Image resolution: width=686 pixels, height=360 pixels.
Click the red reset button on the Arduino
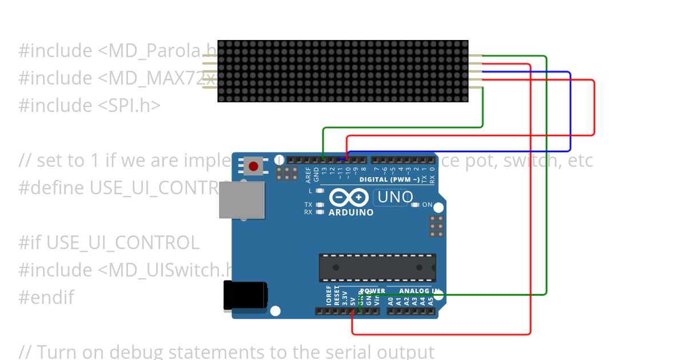coord(253,166)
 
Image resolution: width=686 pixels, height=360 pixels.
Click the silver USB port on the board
coord(242,200)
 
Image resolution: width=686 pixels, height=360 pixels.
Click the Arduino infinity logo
coord(349,198)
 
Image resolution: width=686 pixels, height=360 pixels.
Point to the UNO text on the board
coord(393,198)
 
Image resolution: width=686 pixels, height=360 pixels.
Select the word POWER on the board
coord(372,291)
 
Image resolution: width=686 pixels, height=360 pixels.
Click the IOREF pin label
coord(329,296)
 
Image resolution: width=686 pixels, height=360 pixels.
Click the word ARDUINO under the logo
coord(351,213)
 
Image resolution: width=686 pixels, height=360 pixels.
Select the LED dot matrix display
coord(343,71)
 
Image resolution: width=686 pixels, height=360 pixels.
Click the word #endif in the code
coord(46,297)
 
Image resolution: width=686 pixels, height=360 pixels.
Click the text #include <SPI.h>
coord(90,105)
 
